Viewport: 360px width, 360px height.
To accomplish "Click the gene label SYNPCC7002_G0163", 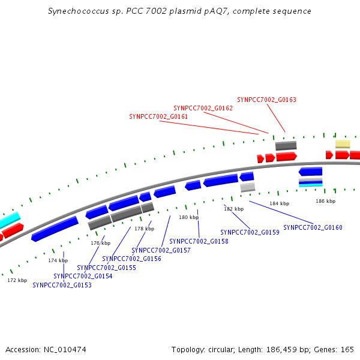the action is [x=266, y=100].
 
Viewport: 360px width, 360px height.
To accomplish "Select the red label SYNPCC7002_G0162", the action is [x=203, y=108].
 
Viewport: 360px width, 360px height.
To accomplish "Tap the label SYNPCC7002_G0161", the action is [x=158, y=116].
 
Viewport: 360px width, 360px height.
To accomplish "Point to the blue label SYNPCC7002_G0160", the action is [x=313, y=227].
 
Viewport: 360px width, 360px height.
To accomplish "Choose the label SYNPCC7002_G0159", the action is [x=250, y=232].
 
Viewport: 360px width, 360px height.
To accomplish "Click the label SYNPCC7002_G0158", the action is [x=199, y=241].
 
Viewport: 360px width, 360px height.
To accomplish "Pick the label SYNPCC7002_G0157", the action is [x=161, y=250].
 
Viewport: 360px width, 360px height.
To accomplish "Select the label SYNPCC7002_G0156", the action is [x=131, y=259].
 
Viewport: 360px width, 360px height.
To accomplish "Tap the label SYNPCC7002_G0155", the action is [x=107, y=268].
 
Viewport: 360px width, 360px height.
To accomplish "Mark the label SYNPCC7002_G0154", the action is [x=83, y=276].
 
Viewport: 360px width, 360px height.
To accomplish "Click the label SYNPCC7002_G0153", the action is [x=62, y=285].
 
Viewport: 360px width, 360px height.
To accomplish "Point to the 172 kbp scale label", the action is [x=17, y=280].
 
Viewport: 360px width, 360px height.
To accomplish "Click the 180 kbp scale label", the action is [x=189, y=217].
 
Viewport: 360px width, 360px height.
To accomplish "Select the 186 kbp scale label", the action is [x=326, y=201].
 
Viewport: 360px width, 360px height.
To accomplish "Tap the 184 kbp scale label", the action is [x=280, y=203].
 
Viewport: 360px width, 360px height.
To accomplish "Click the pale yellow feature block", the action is [x=343, y=144].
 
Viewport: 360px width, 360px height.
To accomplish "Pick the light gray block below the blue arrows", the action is [x=247, y=187].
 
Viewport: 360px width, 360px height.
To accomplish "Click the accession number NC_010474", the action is [x=65, y=350].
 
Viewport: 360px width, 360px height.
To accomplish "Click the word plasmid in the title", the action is [x=185, y=11].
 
